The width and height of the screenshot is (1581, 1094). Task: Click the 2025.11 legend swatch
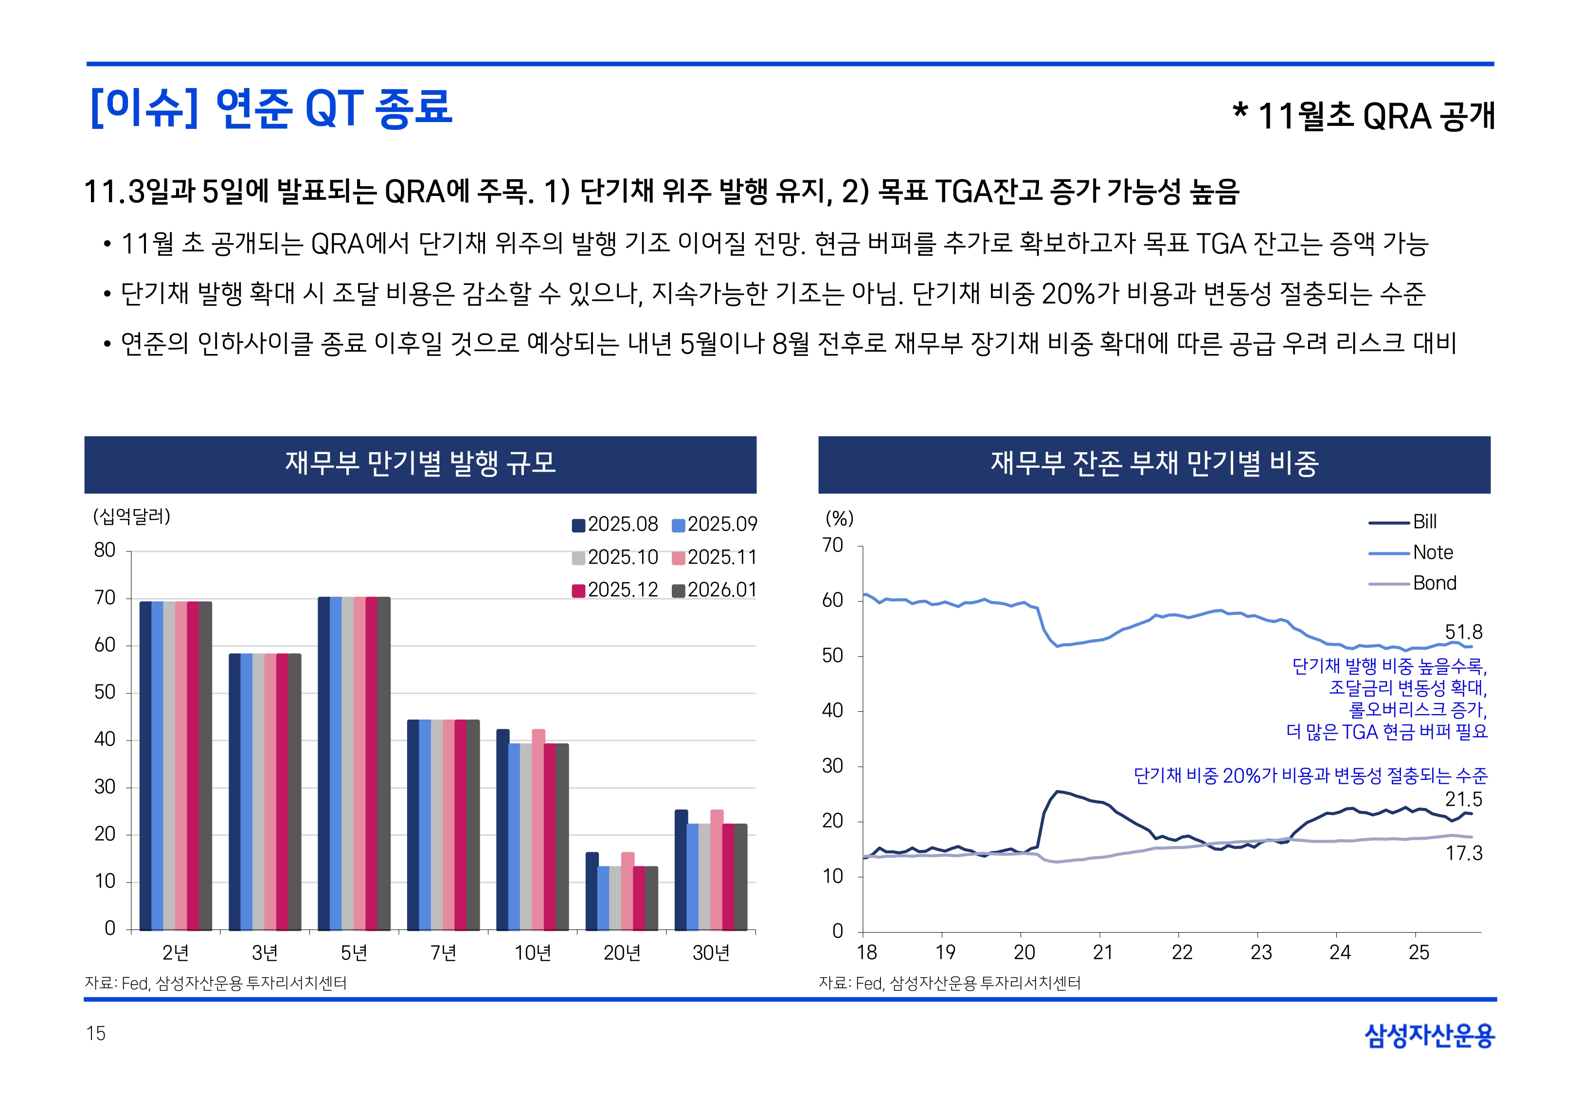678,558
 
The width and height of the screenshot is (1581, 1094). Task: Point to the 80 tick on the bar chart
105,550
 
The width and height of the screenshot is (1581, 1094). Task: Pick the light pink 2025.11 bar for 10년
538,829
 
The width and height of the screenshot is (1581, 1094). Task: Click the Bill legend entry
1424,522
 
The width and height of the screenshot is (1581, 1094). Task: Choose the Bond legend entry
1434,583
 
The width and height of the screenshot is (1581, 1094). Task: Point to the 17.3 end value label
1464,853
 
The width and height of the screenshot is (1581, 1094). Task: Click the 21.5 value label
1463,799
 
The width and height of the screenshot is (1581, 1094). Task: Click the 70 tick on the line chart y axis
832,546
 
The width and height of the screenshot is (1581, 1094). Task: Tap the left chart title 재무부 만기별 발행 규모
420,463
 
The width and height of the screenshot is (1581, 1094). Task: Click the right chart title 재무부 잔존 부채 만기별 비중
1154,463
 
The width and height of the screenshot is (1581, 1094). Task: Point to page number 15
96,1033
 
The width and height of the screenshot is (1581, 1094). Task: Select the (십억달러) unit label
132,516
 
